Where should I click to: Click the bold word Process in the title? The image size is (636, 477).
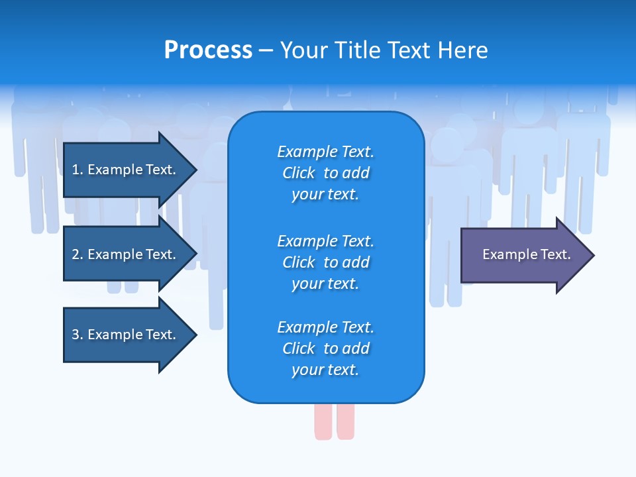point(208,50)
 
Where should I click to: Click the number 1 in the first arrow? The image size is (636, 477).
point(76,170)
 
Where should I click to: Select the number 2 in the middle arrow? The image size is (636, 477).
point(76,254)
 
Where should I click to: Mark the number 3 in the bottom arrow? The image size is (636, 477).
point(76,335)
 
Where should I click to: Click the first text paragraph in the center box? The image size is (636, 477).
point(325,173)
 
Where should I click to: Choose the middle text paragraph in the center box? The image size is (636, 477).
point(325,262)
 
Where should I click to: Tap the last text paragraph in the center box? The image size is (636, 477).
point(325,348)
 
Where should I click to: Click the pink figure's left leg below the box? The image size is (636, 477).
point(323,421)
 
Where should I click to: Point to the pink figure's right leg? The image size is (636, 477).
point(345,421)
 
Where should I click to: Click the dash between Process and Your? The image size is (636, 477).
point(266,50)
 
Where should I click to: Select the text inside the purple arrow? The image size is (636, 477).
point(526,254)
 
